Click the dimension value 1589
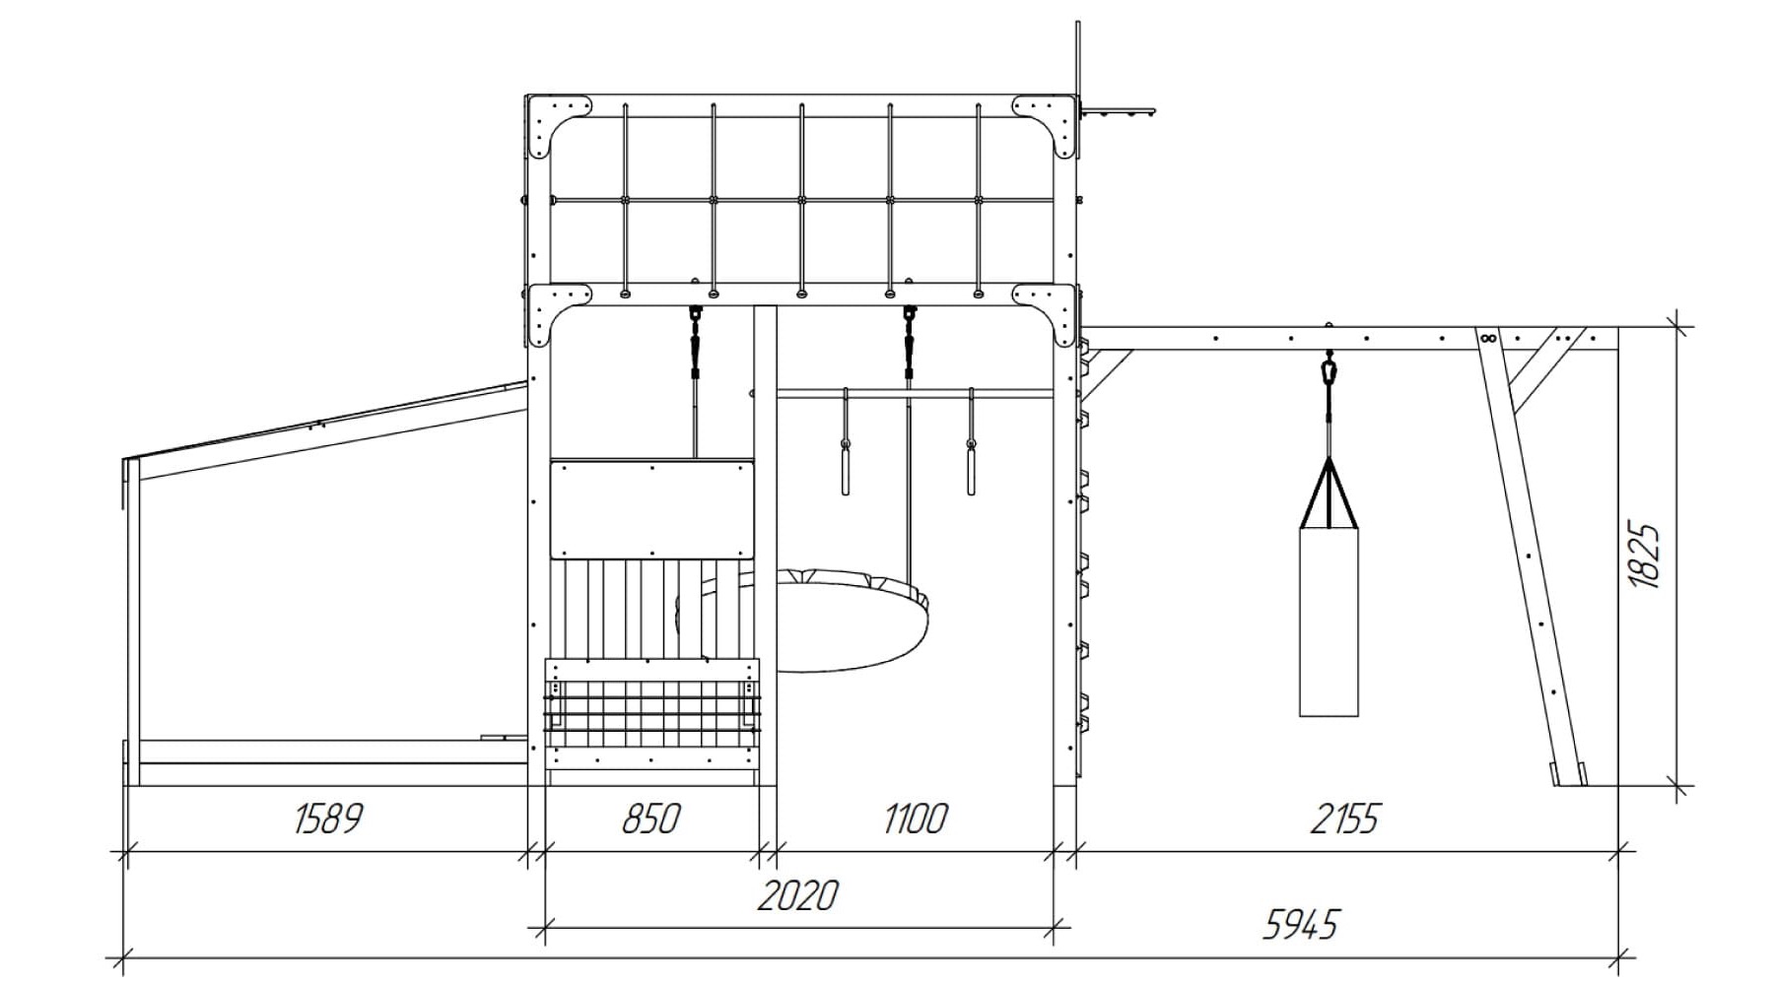[x=328, y=819]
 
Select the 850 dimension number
[x=650, y=819]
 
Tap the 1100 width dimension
[x=916, y=819]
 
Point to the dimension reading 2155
[x=1344, y=819]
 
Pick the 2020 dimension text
[x=798, y=895]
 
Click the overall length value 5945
[x=1301, y=925]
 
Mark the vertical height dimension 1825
[x=1645, y=556]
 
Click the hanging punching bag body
[x=1329, y=622]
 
